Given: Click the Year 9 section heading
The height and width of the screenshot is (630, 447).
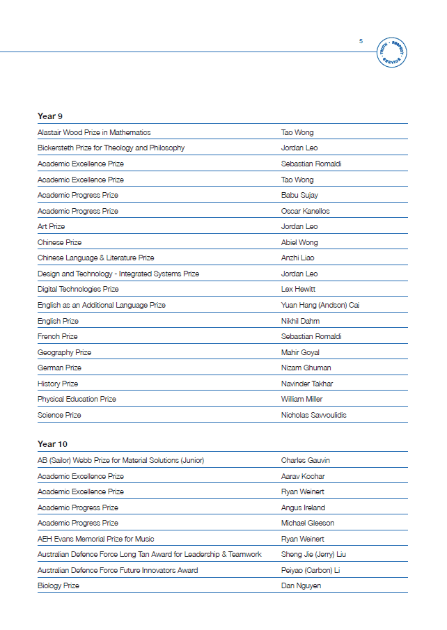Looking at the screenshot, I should coord(50,116).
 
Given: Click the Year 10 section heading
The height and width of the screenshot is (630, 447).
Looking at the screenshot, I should coord(52,444).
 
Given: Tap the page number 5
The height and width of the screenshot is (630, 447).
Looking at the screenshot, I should coord(361,41).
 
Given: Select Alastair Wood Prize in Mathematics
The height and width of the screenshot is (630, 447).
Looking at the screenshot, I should coord(94,132).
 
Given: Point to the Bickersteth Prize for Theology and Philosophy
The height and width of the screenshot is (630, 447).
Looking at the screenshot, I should coord(111,148).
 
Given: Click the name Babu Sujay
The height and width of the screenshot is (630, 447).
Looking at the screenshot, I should coord(299,195).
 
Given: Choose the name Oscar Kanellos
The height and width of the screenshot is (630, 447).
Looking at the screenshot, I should coord(305,211).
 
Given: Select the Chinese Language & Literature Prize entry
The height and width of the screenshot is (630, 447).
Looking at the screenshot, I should coord(96,258).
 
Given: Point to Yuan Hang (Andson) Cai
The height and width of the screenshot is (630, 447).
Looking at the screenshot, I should coord(320,305).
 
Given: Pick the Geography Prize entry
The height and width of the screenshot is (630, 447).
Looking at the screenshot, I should coord(64,352).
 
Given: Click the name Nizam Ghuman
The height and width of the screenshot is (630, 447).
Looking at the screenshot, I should coord(306,368).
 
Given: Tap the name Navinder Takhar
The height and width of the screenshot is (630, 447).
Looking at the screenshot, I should coord(307,384).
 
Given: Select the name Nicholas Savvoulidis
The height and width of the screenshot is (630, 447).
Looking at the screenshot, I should coord(313,415).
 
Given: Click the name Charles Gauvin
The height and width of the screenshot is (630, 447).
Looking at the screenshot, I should coord(305,460).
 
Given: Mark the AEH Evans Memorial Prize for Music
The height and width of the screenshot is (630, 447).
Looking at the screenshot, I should coord(96,539).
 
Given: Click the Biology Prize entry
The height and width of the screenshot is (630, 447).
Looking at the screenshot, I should coord(58,585).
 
